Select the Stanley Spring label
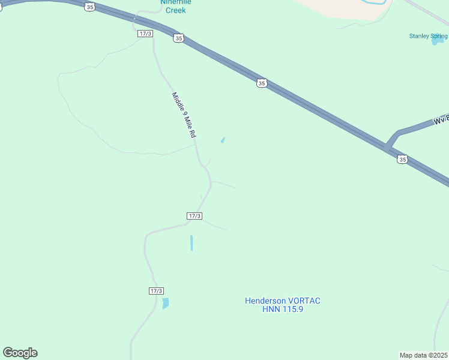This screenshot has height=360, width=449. point(428,36)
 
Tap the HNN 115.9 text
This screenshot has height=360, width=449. point(283,309)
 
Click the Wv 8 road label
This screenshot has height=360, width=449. point(441,119)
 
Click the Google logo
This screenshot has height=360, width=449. point(20,353)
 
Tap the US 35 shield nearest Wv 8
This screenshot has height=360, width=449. point(402,159)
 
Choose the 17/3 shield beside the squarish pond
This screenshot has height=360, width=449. point(155,291)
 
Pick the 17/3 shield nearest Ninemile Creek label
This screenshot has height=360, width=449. point(145,34)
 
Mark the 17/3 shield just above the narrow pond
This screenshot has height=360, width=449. point(194,216)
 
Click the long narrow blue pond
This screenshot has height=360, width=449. point(191,243)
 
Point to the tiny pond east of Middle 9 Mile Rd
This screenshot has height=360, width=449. point(223,141)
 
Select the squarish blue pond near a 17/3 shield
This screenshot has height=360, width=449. point(165,303)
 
